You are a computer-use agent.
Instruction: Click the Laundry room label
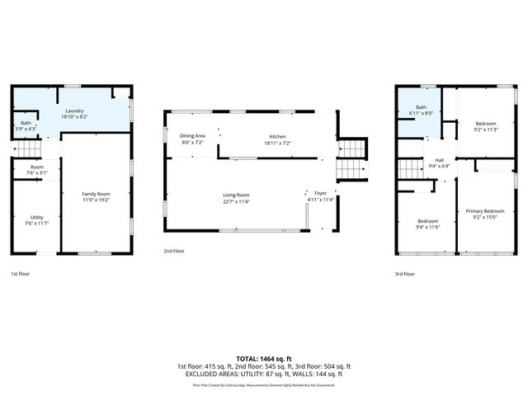[72, 111]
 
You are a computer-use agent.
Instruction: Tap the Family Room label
[96, 194]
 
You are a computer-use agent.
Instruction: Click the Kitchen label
[278, 136]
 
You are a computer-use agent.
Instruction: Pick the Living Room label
[236, 195]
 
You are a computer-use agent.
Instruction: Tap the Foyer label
[320, 193]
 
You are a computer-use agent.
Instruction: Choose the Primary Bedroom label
[484, 211]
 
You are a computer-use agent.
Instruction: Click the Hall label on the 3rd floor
[439, 160]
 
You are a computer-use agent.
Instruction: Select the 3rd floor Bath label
[421, 107]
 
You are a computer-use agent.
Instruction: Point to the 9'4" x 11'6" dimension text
[427, 226]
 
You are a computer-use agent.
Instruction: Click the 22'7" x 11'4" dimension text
[236, 201]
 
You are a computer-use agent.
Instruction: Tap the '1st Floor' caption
[20, 273]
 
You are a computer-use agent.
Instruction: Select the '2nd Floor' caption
[173, 249]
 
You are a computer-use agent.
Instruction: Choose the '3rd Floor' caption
[405, 273]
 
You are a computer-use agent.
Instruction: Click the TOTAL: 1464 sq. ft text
[263, 359]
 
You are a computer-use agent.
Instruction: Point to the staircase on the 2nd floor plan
[351, 158]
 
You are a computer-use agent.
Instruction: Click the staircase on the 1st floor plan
[29, 149]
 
